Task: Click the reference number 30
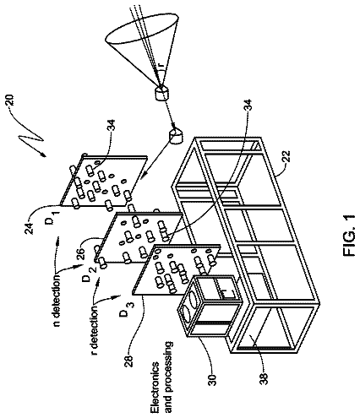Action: click(x=212, y=377)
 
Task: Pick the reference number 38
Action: click(x=265, y=378)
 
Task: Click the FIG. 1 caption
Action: click(x=349, y=236)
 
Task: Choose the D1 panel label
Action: click(x=52, y=218)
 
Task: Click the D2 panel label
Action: click(x=89, y=274)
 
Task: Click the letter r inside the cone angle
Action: click(x=161, y=65)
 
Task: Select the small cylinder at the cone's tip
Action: click(x=162, y=93)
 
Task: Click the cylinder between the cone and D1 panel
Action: click(x=175, y=136)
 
